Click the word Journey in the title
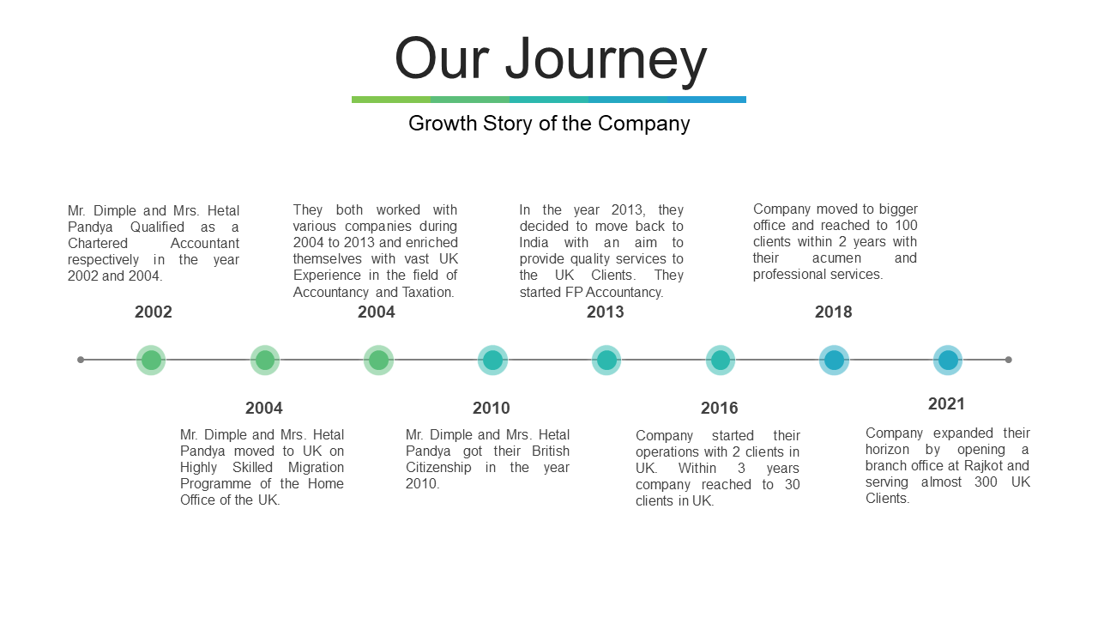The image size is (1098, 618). coord(606,60)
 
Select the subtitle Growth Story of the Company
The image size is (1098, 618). coord(549,124)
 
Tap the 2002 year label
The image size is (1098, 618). coord(154,312)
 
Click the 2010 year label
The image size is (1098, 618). coord(492,408)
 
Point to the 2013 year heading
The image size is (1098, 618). coord(606,312)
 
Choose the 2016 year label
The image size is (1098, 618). coord(719,408)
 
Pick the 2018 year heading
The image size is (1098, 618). coord(833,312)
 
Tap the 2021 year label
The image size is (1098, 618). coord(946,404)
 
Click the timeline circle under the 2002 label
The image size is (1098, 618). coord(151,360)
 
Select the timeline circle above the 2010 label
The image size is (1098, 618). coord(492,360)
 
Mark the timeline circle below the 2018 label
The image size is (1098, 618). coord(835,360)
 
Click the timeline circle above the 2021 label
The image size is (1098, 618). coord(948,360)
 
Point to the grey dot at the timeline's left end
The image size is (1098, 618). coord(81,360)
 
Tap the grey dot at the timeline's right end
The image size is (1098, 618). coord(1008,360)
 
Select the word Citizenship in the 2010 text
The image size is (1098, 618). coord(438,468)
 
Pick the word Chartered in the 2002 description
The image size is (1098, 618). coord(98,243)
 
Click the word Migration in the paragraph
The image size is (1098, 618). coord(316,468)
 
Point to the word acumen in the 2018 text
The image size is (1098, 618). coord(836,258)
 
